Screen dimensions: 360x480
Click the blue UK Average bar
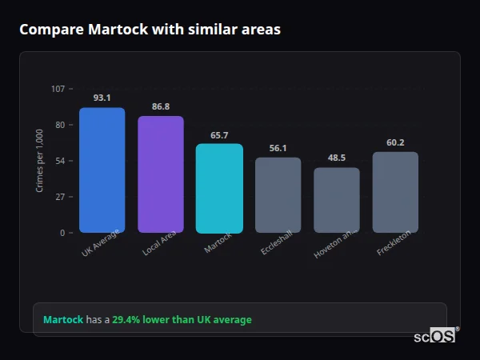102,170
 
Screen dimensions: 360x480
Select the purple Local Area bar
161,174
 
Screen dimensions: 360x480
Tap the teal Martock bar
219,189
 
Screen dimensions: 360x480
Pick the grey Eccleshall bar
278,195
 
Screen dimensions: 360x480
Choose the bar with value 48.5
337,200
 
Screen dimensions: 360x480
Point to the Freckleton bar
395,192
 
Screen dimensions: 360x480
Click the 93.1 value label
102,98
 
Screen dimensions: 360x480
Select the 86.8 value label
161,106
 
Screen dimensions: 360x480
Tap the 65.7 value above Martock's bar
219,135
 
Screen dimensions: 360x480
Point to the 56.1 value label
278,148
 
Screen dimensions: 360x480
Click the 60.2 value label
395,142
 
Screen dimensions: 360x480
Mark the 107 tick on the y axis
58,89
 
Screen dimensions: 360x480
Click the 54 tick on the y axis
60,161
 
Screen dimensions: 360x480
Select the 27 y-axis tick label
60,197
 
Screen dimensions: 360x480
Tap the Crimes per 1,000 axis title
40,161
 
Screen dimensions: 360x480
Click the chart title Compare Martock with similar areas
150,30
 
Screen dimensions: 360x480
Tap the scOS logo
435,336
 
